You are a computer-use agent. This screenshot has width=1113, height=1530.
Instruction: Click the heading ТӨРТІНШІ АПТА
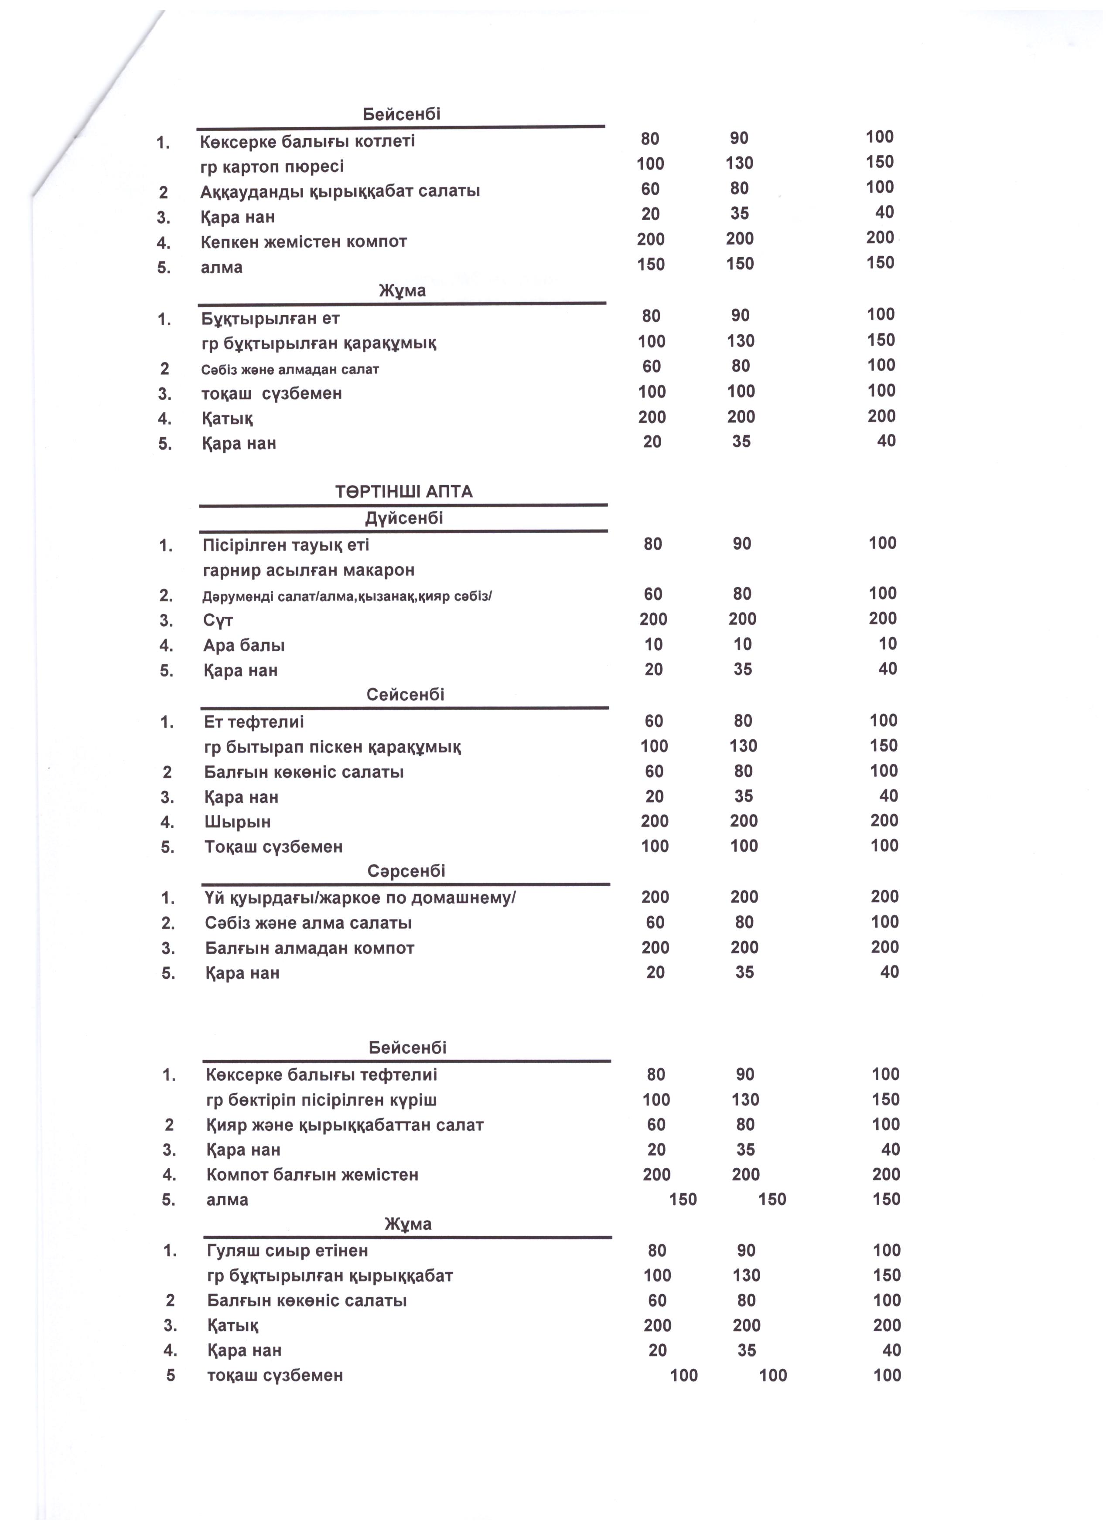tap(403, 492)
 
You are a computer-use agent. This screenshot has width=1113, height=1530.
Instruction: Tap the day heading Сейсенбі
tap(405, 695)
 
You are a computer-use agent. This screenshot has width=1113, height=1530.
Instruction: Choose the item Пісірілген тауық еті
tap(286, 545)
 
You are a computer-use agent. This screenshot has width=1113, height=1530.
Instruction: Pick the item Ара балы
tap(244, 646)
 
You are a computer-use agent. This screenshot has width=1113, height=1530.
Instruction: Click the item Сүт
tap(218, 621)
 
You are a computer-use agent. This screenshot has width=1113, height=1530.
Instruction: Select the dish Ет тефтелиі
tap(254, 722)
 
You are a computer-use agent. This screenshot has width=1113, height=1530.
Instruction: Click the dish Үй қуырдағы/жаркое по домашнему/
tap(360, 898)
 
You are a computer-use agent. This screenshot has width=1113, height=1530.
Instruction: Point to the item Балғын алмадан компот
tap(309, 949)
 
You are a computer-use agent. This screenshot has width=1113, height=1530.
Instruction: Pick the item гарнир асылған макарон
tap(308, 571)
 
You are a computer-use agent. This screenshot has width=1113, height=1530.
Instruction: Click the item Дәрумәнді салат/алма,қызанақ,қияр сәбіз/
tap(348, 596)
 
